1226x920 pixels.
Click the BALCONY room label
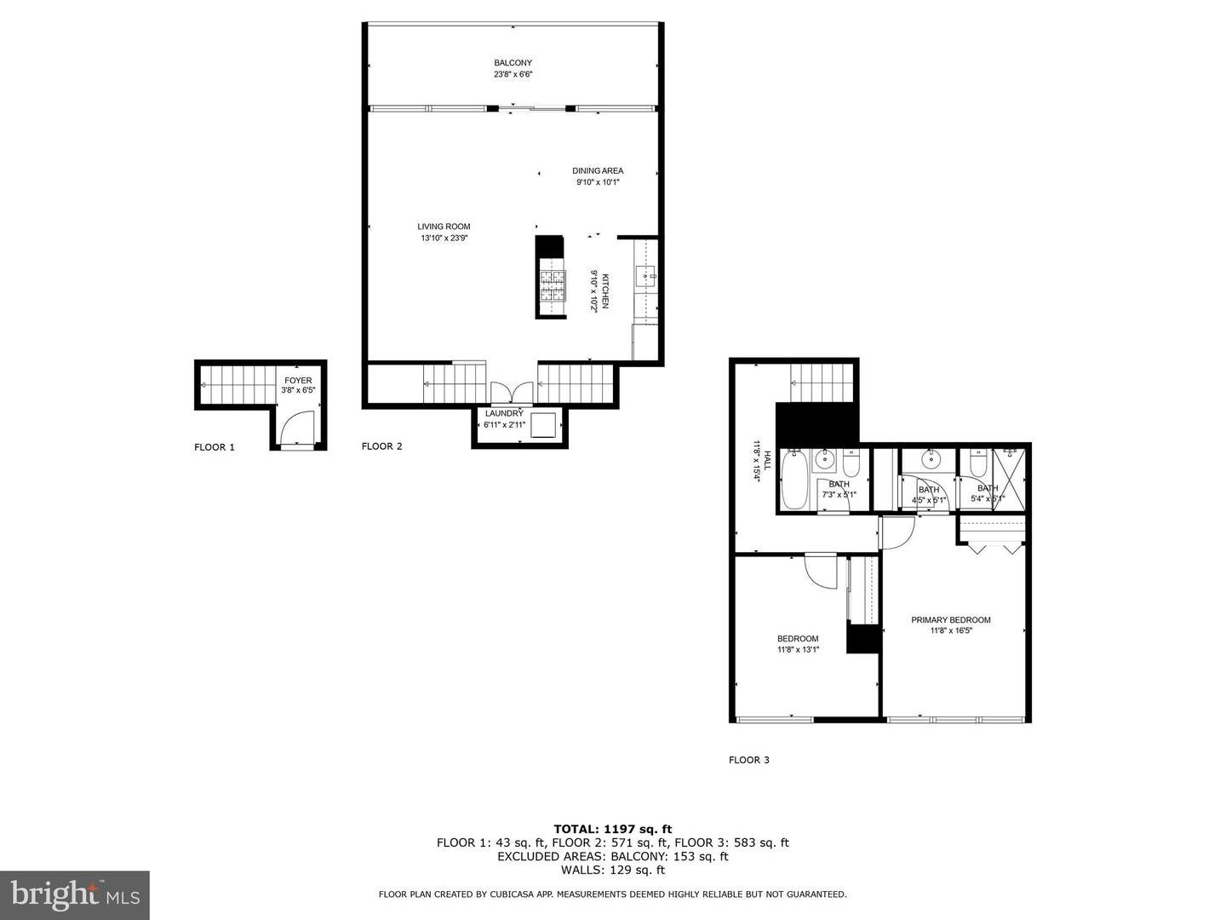(513, 63)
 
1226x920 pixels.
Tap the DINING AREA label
(598, 171)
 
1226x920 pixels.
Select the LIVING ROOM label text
(444, 227)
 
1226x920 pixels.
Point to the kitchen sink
(645, 275)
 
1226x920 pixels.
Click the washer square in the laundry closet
(543, 424)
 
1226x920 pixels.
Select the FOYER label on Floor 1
(298, 381)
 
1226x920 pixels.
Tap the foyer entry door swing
(299, 427)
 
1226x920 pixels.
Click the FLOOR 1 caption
(215, 447)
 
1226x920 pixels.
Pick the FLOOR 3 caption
(749, 760)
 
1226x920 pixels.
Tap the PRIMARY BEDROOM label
(951, 620)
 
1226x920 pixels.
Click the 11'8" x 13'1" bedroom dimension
(798, 650)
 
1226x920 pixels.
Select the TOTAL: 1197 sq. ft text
(612, 828)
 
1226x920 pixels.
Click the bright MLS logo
(75, 894)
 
